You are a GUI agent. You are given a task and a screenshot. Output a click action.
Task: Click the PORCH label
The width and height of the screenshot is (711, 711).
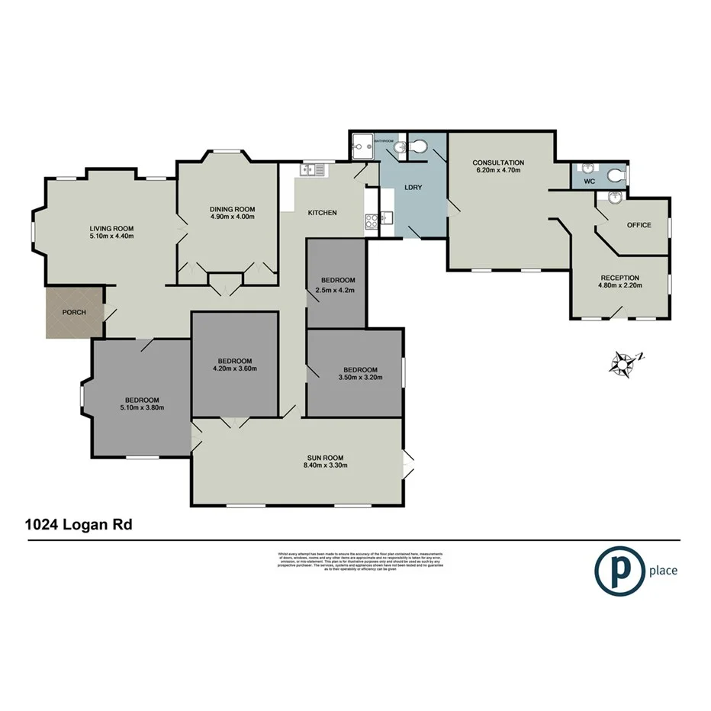pos(75,312)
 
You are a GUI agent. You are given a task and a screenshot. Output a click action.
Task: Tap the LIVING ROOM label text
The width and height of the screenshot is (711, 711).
pos(111,228)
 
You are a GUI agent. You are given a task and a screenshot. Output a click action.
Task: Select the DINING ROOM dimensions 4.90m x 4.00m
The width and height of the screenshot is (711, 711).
pos(232,217)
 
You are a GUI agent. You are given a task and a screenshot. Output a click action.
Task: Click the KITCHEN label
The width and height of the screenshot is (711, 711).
pos(322,213)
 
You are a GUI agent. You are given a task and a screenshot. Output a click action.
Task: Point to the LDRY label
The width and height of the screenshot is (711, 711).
pos(413,187)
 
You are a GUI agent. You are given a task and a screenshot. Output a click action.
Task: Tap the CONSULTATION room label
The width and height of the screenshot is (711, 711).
pos(498,162)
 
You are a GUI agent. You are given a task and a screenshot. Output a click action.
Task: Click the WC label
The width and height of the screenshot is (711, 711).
pos(589,182)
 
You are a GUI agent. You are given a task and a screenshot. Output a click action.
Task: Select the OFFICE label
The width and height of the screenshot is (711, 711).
pos(639,225)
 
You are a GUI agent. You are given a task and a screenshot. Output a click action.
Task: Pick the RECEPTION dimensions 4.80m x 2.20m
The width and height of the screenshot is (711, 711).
pos(619,286)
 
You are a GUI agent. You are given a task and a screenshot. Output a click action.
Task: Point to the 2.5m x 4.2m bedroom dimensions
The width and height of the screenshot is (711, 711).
pos(337,290)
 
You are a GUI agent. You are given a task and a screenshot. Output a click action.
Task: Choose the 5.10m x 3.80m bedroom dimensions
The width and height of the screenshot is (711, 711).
pos(143,408)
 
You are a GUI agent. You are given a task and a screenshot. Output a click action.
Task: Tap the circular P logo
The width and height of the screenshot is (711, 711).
pos(617,570)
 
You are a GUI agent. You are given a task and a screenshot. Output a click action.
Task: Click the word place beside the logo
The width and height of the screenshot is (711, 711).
pos(663,570)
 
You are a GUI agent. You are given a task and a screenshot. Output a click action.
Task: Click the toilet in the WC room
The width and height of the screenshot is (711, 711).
pos(616,176)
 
